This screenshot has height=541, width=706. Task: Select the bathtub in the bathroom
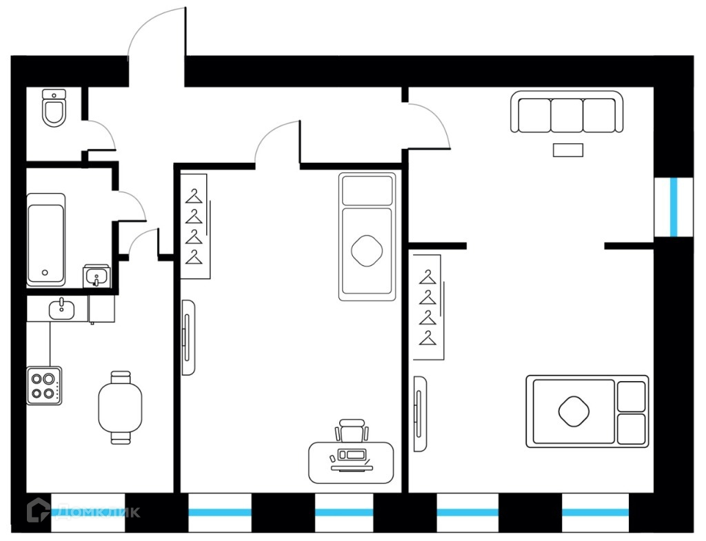pyautogui.click(x=46, y=239)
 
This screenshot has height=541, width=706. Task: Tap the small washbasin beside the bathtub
pyautogui.click(x=96, y=276)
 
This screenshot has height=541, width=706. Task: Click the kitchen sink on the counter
pyautogui.click(x=63, y=309)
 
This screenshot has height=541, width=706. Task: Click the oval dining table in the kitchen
pyautogui.click(x=121, y=407)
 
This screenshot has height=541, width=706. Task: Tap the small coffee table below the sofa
pyautogui.click(x=568, y=150)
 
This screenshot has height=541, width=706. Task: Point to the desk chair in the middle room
pyautogui.click(x=352, y=431)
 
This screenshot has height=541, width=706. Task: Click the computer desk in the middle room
pyautogui.click(x=352, y=462)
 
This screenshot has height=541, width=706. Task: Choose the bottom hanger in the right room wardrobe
pyautogui.click(x=429, y=338)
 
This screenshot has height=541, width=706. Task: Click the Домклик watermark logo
pyautogui.click(x=83, y=511)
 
